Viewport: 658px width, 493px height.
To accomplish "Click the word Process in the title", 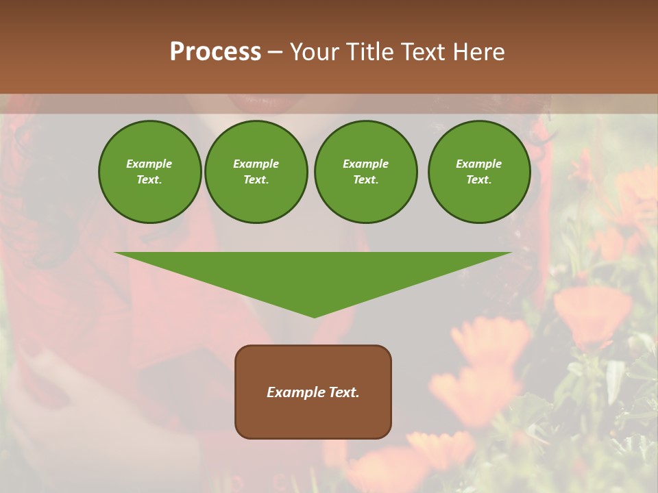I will [215, 52].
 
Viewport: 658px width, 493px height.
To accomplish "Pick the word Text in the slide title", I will [423, 52].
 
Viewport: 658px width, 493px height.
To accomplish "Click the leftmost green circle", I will [150, 172].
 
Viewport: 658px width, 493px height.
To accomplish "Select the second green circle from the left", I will [256, 172].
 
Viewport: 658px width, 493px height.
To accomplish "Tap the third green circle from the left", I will [365, 172].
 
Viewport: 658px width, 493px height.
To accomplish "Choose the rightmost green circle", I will [479, 172].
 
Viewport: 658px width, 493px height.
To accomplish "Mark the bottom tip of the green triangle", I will [314, 316].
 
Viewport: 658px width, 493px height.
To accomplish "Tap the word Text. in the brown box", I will [343, 392].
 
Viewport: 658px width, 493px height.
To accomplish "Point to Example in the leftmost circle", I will [149, 164].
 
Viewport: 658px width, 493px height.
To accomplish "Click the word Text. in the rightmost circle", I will [479, 180].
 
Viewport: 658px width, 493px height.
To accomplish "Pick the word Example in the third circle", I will [365, 164].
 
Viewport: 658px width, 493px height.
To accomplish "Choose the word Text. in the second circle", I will [256, 180].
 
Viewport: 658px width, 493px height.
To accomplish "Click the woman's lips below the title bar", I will [258, 103].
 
